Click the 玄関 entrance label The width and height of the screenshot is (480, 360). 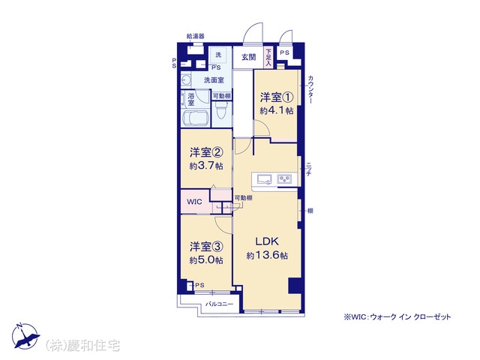[248, 57]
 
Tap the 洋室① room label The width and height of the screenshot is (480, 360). [277, 97]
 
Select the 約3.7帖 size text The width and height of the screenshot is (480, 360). [206, 166]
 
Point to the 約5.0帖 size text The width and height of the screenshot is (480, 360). [206, 260]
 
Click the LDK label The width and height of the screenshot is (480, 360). [267, 241]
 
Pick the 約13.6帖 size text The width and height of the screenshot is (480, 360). [267, 255]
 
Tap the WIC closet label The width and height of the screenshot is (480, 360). [194, 202]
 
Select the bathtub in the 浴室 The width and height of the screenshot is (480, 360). [195, 118]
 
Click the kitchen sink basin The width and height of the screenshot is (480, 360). [265, 179]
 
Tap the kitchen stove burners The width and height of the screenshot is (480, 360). [284, 179]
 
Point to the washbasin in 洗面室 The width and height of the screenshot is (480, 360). [186, 80]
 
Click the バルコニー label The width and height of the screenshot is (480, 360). [219, 304]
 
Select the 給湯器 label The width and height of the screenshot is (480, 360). [195, 37]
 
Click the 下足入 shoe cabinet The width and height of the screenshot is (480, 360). [268, 57]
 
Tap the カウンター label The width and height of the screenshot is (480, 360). [310, 89]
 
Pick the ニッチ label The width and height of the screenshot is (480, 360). [308, 169]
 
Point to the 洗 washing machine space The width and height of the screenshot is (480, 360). [218, 55]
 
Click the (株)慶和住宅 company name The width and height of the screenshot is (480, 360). [82, 346]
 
